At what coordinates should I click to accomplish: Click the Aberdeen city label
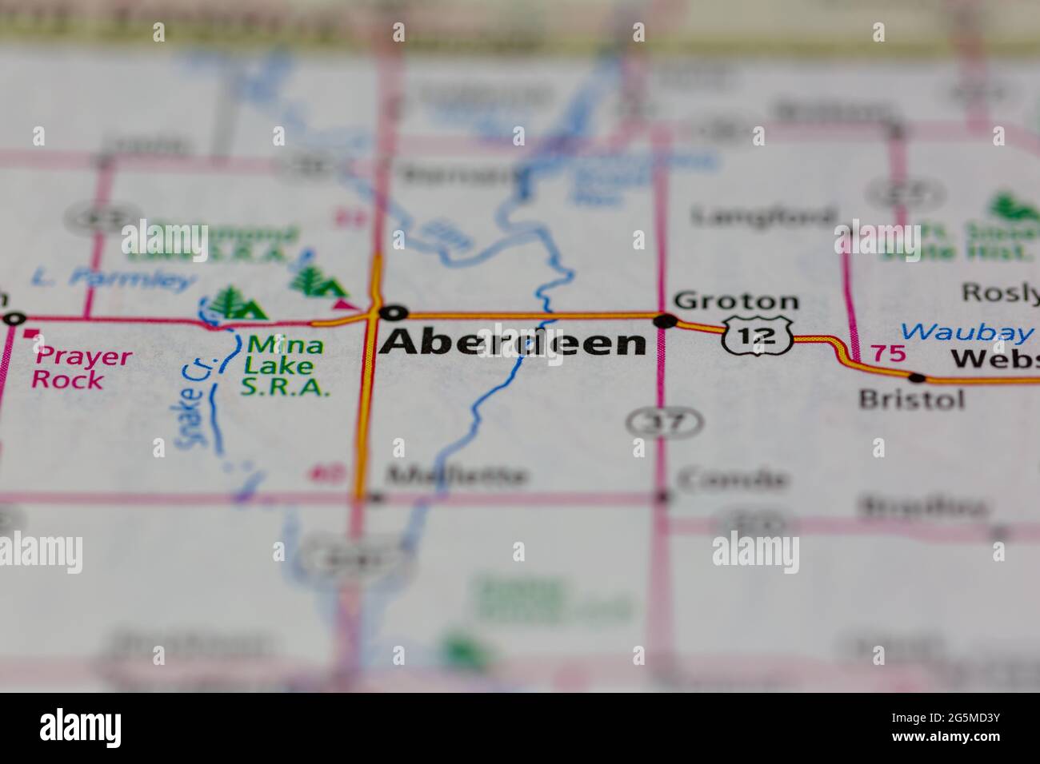pos(513,342)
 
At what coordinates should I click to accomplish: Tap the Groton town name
pos(736,301)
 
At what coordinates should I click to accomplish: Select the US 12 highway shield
pos(757,335)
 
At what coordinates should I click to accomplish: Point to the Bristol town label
pos(911,399)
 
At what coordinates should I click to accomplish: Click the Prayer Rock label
pos(81,367)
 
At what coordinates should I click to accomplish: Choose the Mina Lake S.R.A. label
pos(286,366)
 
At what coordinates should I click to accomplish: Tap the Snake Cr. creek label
pos(191,404)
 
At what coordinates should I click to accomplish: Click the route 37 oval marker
pos(666,421)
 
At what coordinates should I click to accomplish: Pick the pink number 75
pos(888,353)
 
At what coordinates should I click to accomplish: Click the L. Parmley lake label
pos(113,279)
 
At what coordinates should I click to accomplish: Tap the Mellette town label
pos(457,476)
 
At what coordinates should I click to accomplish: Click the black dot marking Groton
pos(665,321)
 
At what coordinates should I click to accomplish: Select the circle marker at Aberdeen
pos(394,312)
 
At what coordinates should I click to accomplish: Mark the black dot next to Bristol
pos(917,377)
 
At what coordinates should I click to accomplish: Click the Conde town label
pos(732,479)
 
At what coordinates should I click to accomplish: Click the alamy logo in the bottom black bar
pos(81,728)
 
